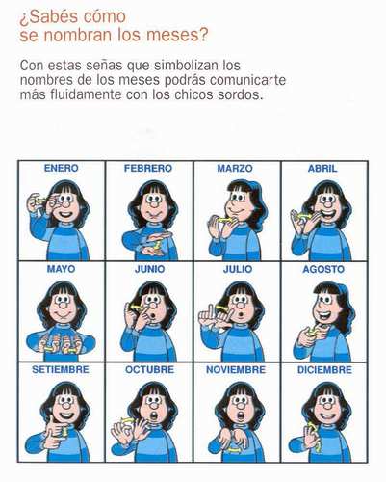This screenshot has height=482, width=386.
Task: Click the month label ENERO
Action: coord(61,168)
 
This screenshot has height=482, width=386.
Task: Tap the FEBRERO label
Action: coord(148,168)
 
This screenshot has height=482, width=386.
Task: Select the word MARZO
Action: coord(235,168)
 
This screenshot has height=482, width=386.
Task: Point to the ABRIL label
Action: coord(322,169)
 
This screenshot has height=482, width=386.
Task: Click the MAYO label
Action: coord(61,269)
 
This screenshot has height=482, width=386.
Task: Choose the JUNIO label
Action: coord(149,269)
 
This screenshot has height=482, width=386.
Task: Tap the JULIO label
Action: coord(238,269)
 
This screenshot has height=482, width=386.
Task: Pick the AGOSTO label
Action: coord(323,269)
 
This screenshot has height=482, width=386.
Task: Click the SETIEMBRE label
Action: coord(61,369)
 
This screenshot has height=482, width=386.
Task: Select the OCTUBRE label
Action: coord(149,370)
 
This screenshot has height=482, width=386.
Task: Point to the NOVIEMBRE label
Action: coord(236,370)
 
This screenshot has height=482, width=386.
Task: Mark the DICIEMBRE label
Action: coord(324,370)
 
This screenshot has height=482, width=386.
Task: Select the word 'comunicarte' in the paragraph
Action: coord(247,80)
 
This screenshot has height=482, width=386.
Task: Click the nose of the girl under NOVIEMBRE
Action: coord(240,407)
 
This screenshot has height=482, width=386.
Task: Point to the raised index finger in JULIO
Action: coord(211,311)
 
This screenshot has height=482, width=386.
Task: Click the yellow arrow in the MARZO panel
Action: coord(224,220)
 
